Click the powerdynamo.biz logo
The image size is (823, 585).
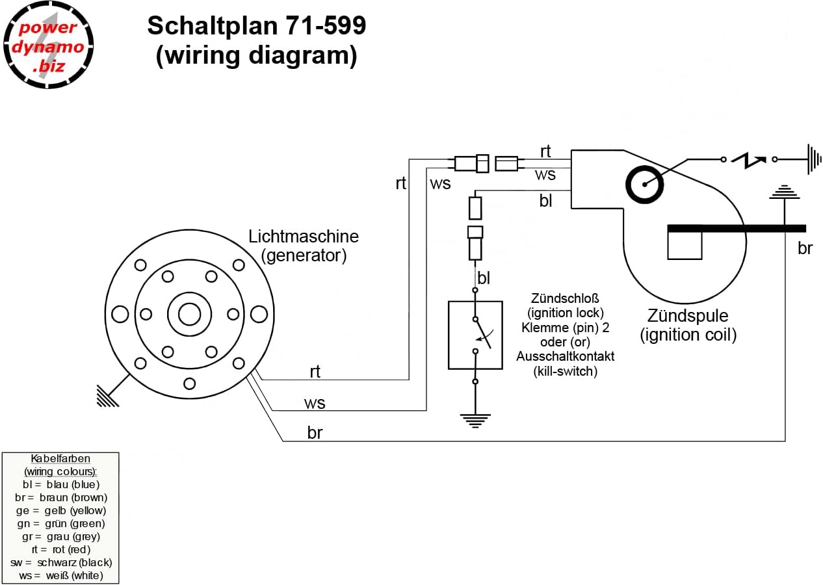(x=48, y=45)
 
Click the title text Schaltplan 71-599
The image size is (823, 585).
(x=256, y=26)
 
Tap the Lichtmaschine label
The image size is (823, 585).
(x=304, y=237)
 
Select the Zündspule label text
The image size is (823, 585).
(x=687, y=316)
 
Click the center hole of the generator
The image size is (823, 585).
(x=190, y=315)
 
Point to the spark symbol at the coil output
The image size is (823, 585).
(x=749, y=161)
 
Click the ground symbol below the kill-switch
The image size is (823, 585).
(x=475, y=421)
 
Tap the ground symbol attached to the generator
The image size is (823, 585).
(x=108, y=396)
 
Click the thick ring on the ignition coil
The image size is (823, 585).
(x=644, y=185)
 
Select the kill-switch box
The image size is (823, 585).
(x=475, y=335)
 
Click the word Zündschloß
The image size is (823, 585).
(x=565, y=298)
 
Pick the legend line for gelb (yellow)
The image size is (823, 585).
(x=61, y=510)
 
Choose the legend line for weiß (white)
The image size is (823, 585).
(x=61, y=575)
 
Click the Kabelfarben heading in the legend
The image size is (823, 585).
(x=60, y=459)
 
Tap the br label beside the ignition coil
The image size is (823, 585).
(x=805, y=248)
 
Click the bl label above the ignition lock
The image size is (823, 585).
(x=484, y=278)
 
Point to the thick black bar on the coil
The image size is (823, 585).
(x=737, y=229)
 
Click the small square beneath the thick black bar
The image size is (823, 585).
(x=685, y=246)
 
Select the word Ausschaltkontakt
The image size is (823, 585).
(x=565, y=356)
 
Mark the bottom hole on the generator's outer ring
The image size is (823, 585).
(x=190, y=383)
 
